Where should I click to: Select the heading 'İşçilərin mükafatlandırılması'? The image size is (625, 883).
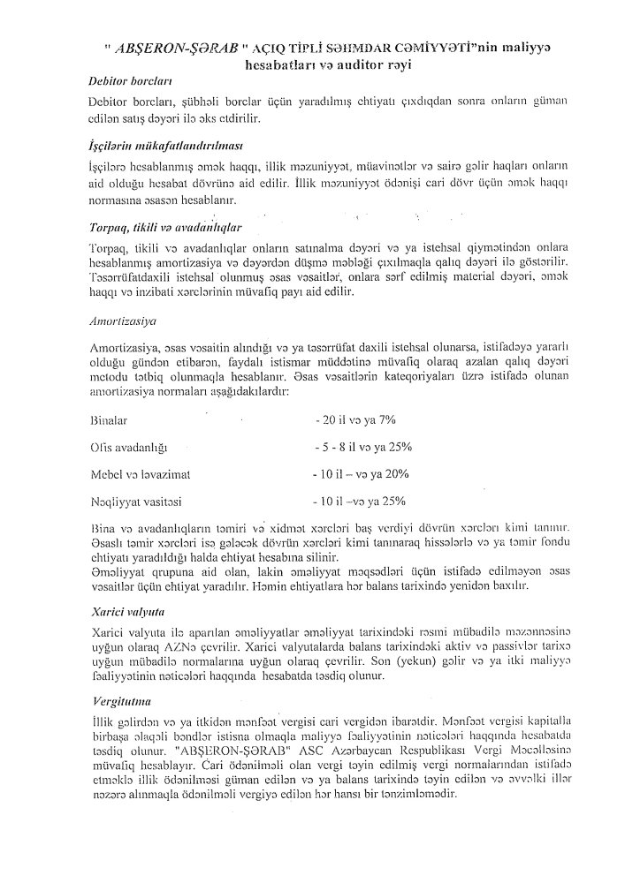[x=162, y=143]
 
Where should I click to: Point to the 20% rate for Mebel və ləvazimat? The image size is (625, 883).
[x=395, y=474]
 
